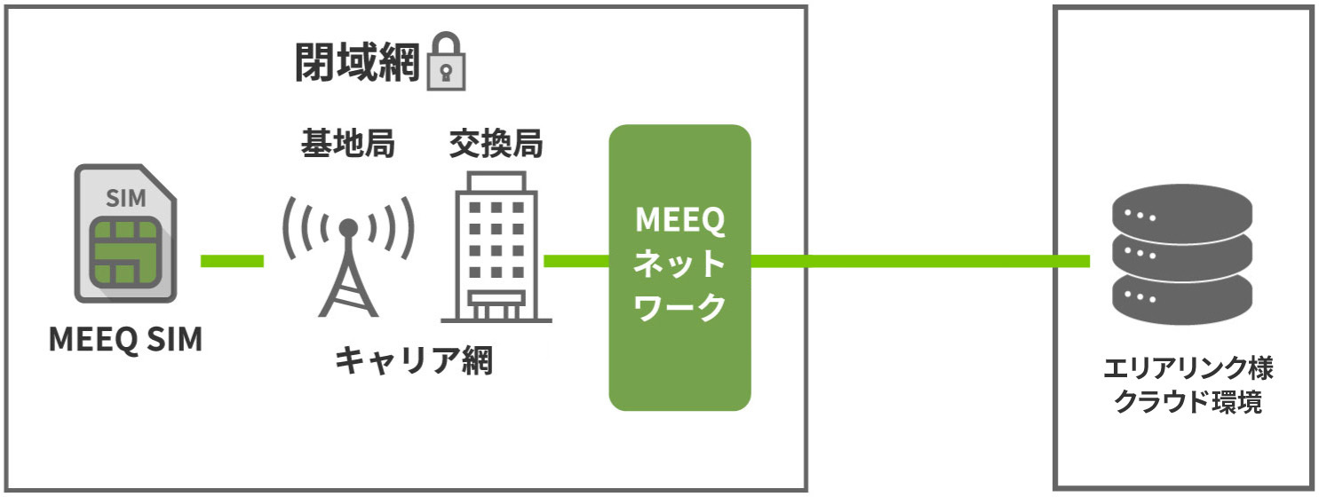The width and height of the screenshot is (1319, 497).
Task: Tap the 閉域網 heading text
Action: click(357, 62)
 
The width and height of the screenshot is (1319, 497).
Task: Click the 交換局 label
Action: click(496, 142)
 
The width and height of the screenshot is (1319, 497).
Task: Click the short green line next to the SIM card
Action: click(232, 260)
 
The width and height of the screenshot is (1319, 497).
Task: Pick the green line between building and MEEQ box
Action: click(576, 261)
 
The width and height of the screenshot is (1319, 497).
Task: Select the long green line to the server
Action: click(919, 261)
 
